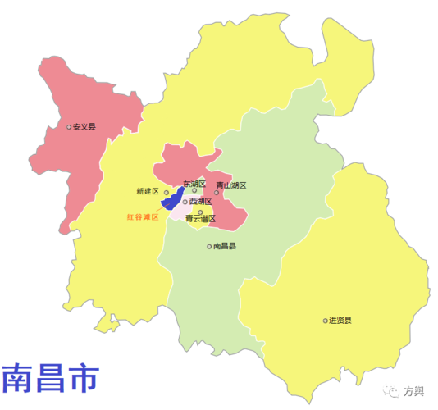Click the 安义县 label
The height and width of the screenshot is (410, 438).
pyautogui.click(x=84, y=127)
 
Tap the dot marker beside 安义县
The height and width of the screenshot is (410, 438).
pyautogui.click(x=69, y=127)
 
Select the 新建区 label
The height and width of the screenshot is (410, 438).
pyautogui.click(x=147, y=191)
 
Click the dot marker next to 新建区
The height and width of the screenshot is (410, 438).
pyautogui.click(x=166, y=193)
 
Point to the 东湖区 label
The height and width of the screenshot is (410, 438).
pyautogui.click(x=194, y=184)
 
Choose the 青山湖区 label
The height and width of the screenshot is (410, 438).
pyautogui.click(x=230, y=185)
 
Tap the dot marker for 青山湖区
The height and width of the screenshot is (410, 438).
pyautogui.click(x=217, y=193)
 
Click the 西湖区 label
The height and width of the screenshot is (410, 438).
pyautogui.click(x=201, y=201)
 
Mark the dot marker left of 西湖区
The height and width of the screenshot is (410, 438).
pyautogui.click(x=185, y=201)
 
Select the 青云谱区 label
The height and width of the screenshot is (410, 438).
pyautogui.click(x=200, y=219)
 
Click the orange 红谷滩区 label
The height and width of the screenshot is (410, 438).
pyautogui.click(x=141, y=218)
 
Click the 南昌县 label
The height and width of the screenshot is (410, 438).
pyautogui.click(x=225, y=246)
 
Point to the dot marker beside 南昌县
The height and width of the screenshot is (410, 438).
pyautogui.click(x=209, y=246)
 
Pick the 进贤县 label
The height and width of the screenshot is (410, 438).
pyautogui.click(x=340, y=320)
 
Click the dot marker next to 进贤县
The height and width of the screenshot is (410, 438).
pyautogui.click(x=325, y=320)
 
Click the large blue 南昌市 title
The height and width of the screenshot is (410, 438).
pyautogui.click(x=50, y=377)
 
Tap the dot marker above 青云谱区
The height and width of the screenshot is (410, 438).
pyautogui.click(x=200, y=212)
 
